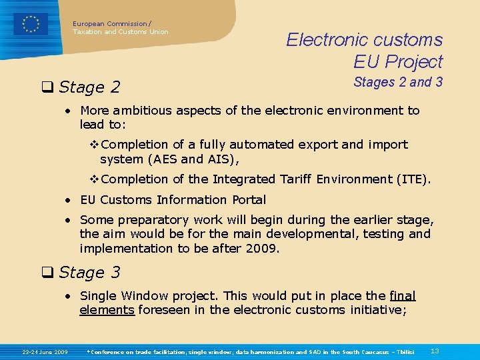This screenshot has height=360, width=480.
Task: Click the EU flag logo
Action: point(31,24)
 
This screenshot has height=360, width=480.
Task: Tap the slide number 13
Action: point(435,351)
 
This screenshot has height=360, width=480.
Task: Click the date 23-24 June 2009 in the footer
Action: point(45,351)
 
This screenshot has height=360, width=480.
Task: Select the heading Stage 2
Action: point(89,87)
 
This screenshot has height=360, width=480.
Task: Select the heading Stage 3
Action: point(89,272)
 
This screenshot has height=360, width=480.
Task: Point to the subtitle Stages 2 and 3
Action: point(398,82)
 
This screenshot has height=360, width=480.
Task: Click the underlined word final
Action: point(402,295)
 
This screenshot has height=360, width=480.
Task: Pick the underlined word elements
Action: point(107,309)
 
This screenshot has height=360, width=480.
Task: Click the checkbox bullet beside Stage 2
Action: point(47,87)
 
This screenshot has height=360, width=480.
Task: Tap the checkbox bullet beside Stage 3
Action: point(47,272)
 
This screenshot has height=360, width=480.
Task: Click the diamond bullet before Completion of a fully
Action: point(94,144)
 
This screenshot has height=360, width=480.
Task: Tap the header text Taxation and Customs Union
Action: point(121,31)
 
